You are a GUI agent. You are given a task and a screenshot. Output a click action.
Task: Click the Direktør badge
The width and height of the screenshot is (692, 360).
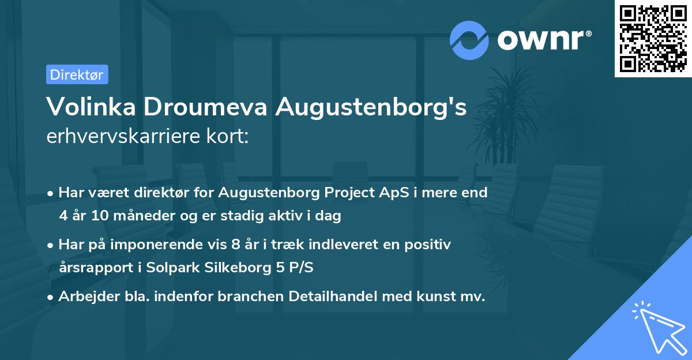coord(77,74)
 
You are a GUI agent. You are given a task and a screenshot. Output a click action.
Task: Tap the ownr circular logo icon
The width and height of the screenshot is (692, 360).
coord(469,40)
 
